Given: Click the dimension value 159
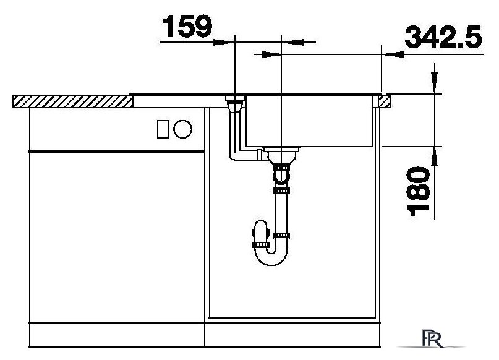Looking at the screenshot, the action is point(187,26).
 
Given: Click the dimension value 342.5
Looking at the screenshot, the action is point(443,37).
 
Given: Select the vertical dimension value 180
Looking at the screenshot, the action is point(418,191).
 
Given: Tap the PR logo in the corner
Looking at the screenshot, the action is point(432,338).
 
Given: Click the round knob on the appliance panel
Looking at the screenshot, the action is point(182,129).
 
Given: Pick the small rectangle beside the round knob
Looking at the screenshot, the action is point(163,129).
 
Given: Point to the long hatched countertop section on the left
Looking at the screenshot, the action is point(73,101).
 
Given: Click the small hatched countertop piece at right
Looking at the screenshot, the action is point(385,102).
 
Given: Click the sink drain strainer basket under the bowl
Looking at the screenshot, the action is point(281,155).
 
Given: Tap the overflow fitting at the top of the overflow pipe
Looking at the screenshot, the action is point(235,105).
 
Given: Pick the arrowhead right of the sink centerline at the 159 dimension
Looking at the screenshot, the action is point(292,42).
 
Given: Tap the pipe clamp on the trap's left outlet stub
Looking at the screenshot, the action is point(259,244).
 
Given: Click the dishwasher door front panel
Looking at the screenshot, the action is point(117,237).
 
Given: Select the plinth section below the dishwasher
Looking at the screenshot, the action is point(117,335).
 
